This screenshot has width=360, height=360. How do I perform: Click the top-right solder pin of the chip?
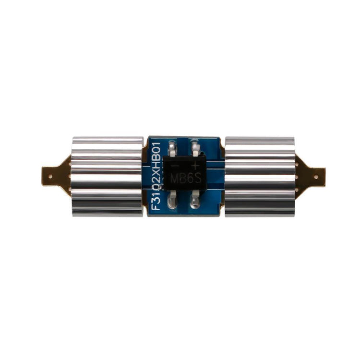tap(194, 146)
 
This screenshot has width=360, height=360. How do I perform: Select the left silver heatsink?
tap(107, 176)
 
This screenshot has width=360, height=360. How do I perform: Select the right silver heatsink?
tap(260, 176)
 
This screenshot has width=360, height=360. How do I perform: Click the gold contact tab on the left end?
tap(54, 173)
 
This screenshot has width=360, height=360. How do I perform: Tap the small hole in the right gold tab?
tap(320, 176)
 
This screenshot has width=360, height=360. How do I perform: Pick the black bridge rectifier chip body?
tap(184, 173)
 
